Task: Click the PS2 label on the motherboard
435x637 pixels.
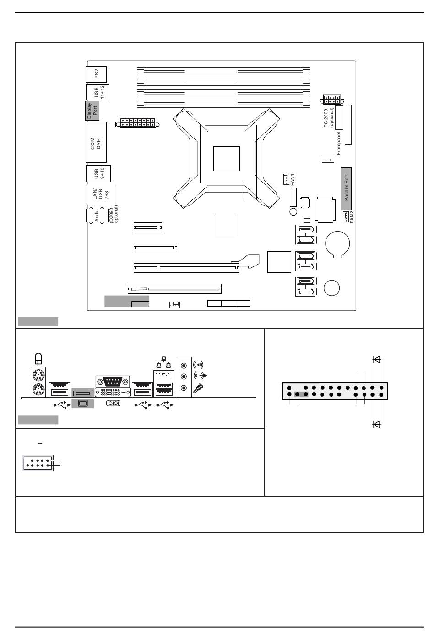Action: click(96, 74)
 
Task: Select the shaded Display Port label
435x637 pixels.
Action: click(92, 111)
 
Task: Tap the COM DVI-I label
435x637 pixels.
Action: click(96, 144)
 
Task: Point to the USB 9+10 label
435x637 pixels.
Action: click(99, 173)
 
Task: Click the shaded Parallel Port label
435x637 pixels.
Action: click(346, 188)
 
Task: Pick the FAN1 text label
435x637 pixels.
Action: click(293, 180)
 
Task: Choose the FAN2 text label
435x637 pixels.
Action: click(352, 217)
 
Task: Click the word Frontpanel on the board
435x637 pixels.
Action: click(338, 144)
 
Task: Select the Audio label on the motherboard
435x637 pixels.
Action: click(97, 216)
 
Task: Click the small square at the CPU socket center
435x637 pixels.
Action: click(226, 159)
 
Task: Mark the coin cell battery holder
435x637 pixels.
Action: click(337, 244)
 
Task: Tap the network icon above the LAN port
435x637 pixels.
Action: click(164, 362)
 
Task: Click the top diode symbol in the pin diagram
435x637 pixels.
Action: click(377, 360)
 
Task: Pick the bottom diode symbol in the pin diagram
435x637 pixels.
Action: click(377, 424)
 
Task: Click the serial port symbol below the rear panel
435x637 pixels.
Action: click(113, 403)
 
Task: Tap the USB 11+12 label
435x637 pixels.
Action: click(99, 92)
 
